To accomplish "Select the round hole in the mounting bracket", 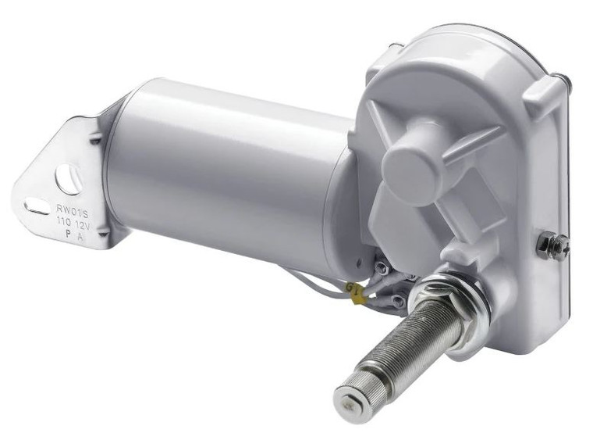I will click(69, 180).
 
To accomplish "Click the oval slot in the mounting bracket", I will click(37, 207).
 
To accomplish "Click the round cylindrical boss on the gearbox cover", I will click(414, 156).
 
